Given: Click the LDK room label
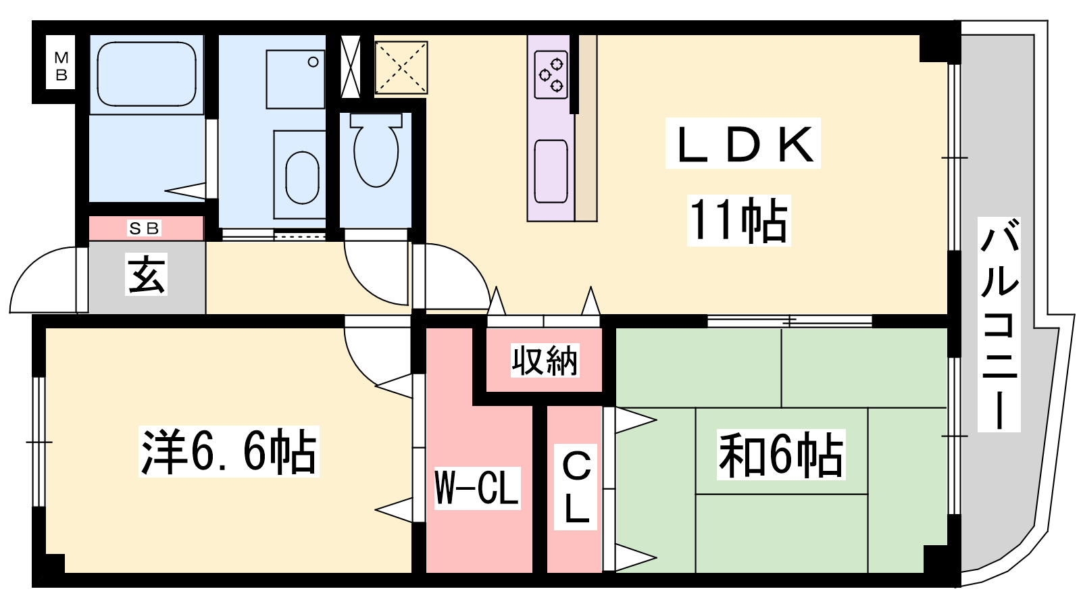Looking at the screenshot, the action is point(743,144).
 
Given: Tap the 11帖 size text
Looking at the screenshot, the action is point(738,220).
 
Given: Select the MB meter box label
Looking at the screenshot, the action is point(61,67).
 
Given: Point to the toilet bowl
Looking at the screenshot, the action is point(376,149).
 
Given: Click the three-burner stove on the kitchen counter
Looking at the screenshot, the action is point(551,75).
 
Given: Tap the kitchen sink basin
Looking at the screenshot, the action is point(551,172).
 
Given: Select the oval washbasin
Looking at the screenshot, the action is point(302,177).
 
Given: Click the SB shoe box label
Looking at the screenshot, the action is point(144,228).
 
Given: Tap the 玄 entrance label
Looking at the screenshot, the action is point(146,274).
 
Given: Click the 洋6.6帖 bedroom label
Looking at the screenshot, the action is point(229,452).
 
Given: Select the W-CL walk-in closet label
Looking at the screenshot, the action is point(477,488).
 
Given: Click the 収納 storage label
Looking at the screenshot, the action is point(545,360).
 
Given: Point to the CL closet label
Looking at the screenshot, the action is point(576,487).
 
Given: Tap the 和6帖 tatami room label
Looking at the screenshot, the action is point(781,455).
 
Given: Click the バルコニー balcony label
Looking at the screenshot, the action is point(999,324).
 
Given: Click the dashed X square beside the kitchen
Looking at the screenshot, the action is point(401,68).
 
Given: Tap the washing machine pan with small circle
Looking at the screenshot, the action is point(295,79).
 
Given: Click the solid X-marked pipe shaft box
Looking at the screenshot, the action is point(351,67).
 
